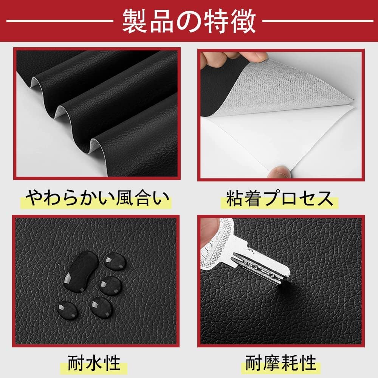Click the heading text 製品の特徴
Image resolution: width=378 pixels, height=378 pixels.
click(x=189, y=21)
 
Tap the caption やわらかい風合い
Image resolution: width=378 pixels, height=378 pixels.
click(x=97, y=198)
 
